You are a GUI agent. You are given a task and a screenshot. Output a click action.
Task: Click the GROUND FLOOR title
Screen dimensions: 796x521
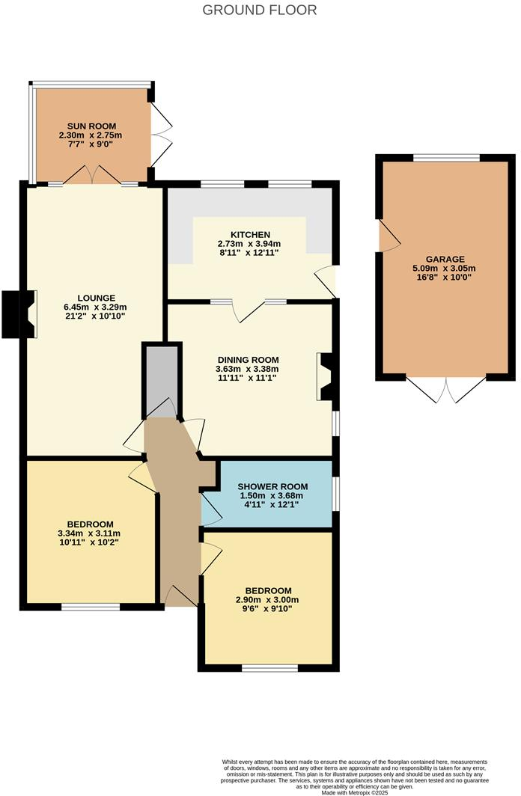coord(260,10)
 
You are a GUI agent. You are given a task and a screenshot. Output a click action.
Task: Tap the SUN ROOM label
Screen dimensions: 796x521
coord(90,125)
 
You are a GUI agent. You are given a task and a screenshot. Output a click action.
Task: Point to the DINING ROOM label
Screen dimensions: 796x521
coord(247,358)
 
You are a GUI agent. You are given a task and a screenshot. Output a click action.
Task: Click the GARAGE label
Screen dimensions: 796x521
coord(445,259)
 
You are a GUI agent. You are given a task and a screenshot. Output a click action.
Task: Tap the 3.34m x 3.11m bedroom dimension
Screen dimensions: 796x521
coord(89,533)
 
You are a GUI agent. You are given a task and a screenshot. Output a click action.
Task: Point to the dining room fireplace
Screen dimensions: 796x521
coord(327,378)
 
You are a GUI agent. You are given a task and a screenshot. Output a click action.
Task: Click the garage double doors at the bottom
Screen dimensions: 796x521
coord(446,389)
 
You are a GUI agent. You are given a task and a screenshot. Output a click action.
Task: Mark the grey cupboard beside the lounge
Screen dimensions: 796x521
coord(161,378)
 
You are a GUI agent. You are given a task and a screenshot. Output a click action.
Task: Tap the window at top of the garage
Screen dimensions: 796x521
coord(447,158)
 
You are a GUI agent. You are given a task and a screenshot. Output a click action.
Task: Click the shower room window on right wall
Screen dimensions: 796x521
coord(335,494)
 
